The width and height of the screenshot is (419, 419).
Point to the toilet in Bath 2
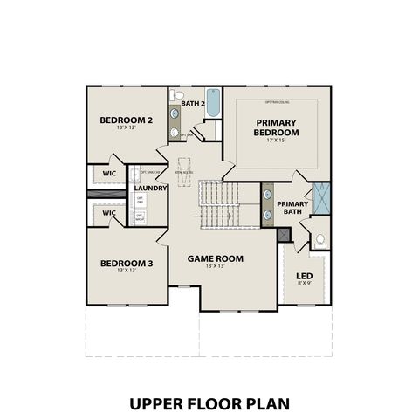(x=178, y=94)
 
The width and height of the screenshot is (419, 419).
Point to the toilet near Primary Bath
(x=320, y=240)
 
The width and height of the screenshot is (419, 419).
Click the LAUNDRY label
(x=151, y=187)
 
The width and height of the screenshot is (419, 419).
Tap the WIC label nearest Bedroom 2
(x=109, y=173)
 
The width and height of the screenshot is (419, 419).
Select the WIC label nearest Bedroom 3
(x=109, y=212)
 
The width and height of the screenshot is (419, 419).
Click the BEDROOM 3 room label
(x=126, y=263)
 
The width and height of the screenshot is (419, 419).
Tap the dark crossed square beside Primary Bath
(x=282, y=233)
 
